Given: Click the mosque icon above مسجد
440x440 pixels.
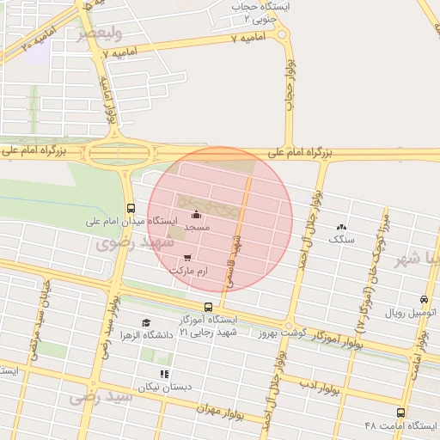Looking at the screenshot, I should [x=198, y=215].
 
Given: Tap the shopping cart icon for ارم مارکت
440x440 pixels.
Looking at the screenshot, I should [x=188, y=256].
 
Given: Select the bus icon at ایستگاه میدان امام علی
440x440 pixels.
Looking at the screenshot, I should [x=131, y=208].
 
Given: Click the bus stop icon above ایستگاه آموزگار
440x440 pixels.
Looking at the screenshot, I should [x=208, y=307].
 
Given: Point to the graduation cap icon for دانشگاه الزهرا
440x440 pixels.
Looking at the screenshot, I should [x=145, y=322].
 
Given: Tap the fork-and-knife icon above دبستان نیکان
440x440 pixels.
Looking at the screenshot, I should [x=163, y=373].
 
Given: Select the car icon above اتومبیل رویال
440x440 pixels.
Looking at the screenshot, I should [x=424, y=300].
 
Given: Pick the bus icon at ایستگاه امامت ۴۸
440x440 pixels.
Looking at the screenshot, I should [x=400, y=412].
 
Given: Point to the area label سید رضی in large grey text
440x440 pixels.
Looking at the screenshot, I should [x=101, y=397].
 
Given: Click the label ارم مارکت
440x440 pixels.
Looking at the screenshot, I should [x=189, y=271].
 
